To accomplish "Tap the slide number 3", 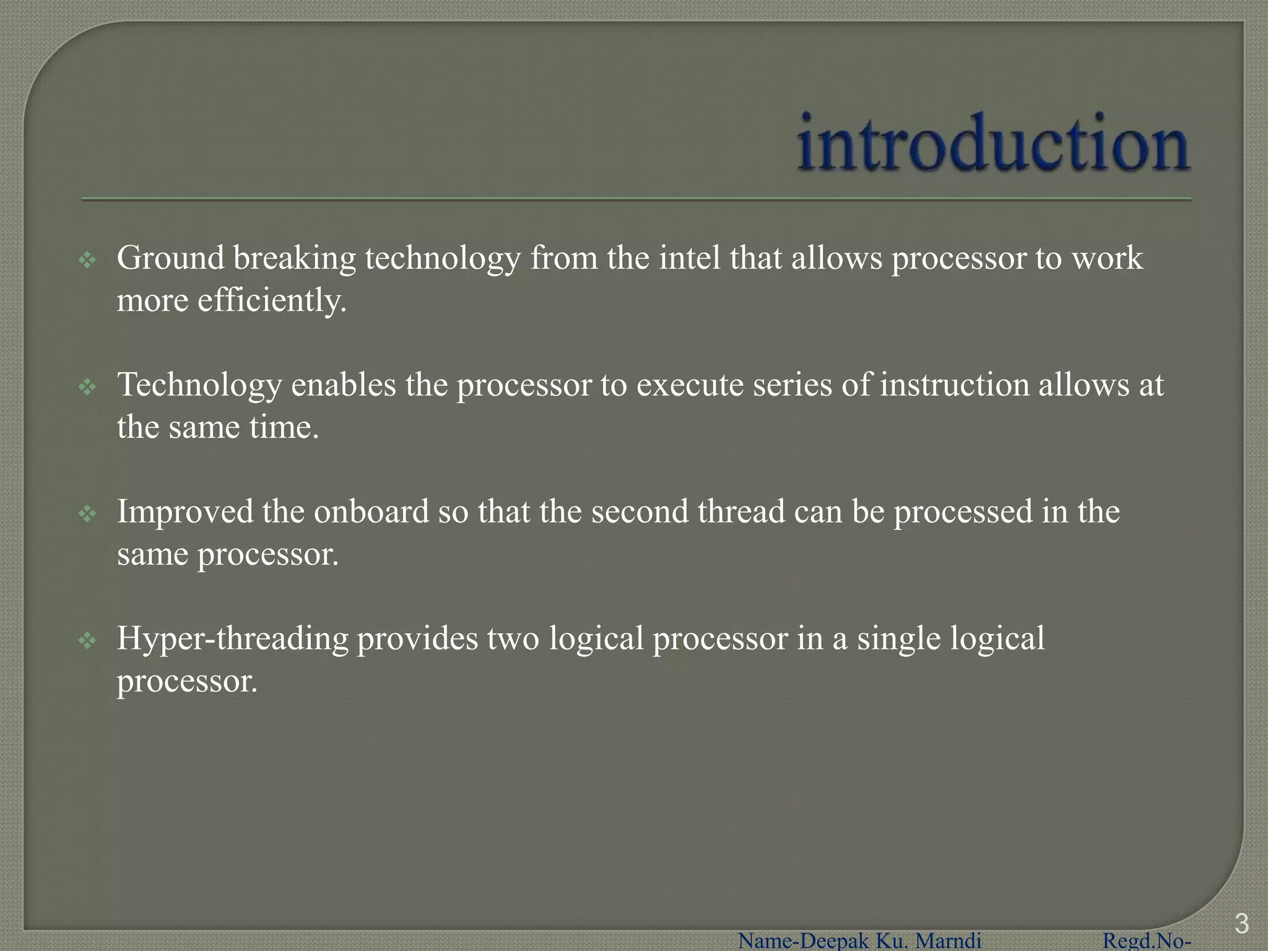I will (1241, 924).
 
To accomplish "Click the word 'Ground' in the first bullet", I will (170, 258).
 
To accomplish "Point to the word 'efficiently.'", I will (272, 301).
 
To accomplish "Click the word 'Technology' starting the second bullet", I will (199, 385).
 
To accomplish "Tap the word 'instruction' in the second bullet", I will (954, 385).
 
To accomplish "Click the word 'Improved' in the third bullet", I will (185, 512).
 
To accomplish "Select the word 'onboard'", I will (371, 512).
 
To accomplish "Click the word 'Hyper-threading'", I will (232, 639).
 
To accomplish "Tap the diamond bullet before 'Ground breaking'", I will (87, 260).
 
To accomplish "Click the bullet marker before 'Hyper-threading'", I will (87, 641).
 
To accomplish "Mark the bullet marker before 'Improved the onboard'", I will (87, 514).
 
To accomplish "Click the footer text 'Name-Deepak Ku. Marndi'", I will (859, 941).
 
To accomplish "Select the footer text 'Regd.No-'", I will (1147, 941).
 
